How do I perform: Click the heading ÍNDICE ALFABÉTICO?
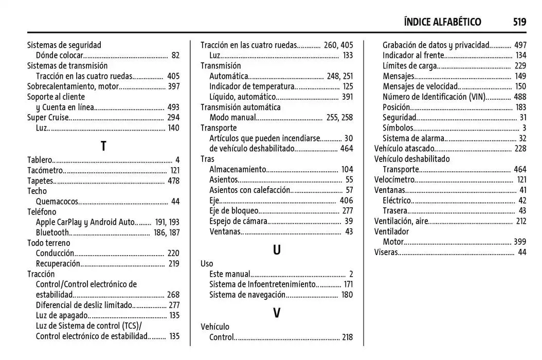point(442,22)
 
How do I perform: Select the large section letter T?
point(103,146)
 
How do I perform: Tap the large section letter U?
point(277,250)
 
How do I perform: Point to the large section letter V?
point(277,313)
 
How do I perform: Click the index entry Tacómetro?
point(45,170)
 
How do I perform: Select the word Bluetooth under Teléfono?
point(52,232)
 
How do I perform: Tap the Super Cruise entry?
point(47,117)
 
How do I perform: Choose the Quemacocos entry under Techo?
point(57,201)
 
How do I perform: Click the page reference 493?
point(173,107)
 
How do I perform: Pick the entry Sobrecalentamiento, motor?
point(73,86)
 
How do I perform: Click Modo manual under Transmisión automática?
point(232,117)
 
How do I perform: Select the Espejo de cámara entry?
point(238,221)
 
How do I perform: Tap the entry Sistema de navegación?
point(247,295)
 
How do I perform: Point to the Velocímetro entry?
point(394,179)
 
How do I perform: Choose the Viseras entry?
point(386,252)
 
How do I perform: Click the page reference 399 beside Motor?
point(520,242)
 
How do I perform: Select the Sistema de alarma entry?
point(413,138)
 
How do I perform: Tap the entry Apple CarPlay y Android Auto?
point(85,222)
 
